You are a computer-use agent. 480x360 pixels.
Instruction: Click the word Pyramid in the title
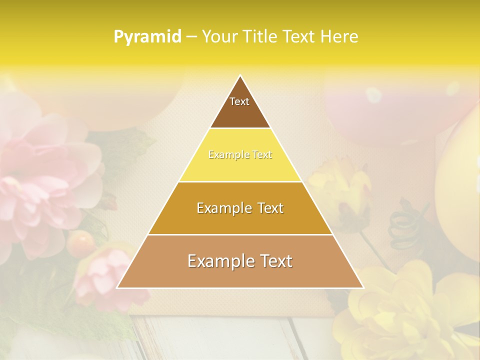click(147, 37)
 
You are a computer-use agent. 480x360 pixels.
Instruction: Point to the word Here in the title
click(340, 37)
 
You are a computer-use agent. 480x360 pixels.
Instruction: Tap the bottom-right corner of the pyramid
click(363, 287)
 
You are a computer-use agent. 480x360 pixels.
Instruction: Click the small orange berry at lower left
click(81, 242)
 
